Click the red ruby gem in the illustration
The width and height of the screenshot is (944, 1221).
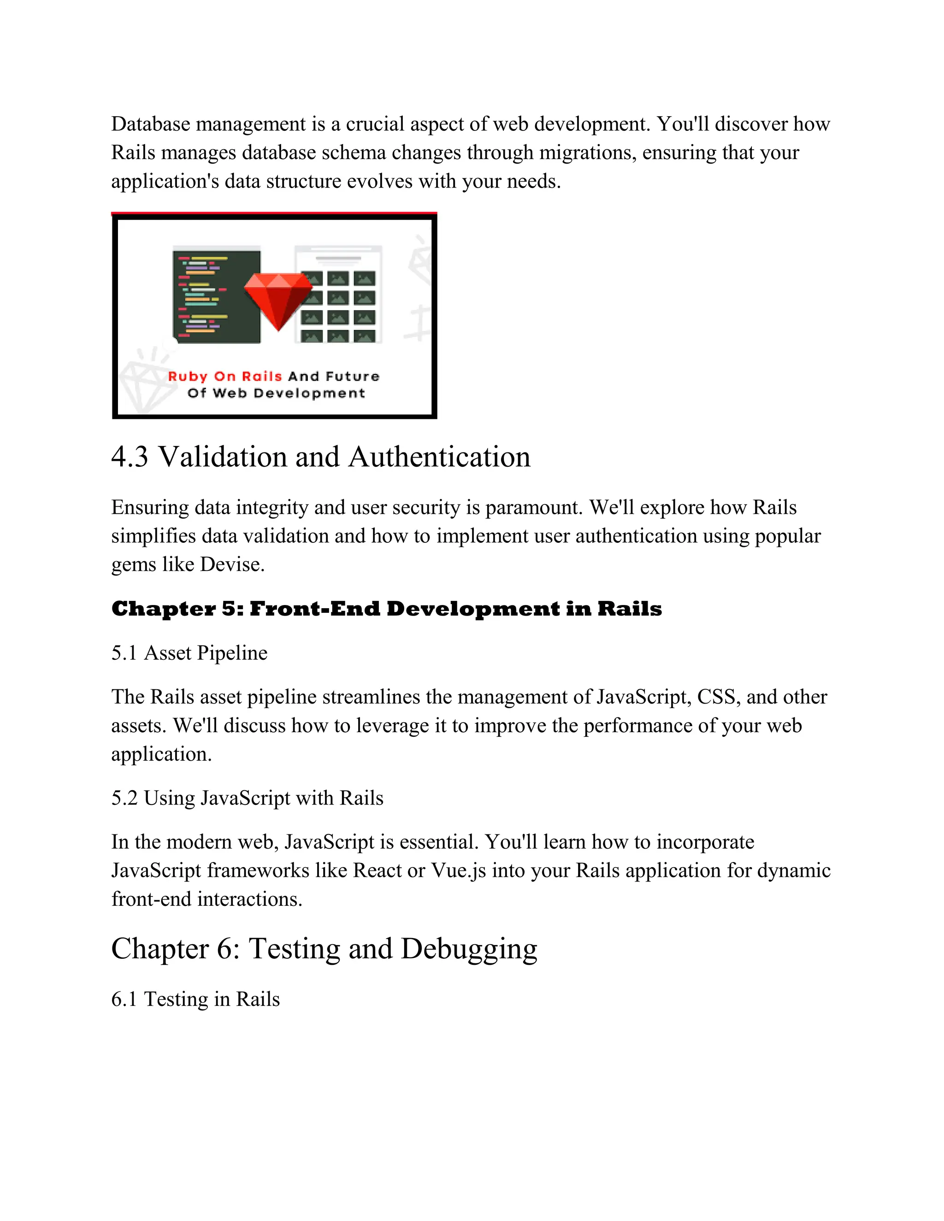pos(278,299)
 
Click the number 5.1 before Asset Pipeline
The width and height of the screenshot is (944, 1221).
pos(124,653)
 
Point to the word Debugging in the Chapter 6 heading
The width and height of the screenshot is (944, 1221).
pos(469,949)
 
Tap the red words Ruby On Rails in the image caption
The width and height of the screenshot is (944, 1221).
pos(225,376)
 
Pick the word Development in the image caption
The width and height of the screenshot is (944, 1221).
pos(309,393)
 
